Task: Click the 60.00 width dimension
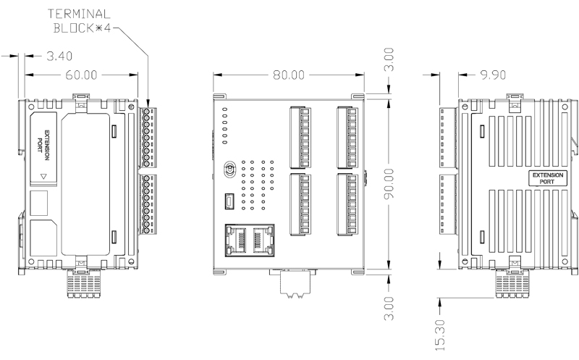(x=79, y=75)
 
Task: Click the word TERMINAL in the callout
(x=79, y=13)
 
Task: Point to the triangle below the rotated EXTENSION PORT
(x=44, y=176)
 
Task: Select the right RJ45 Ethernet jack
(x=262, y=240)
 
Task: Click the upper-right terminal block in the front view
(x=345, y=136)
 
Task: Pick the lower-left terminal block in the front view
(x=300, y=204)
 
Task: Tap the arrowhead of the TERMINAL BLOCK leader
(x=148, y=104)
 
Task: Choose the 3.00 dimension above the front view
(x=389, y=59)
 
